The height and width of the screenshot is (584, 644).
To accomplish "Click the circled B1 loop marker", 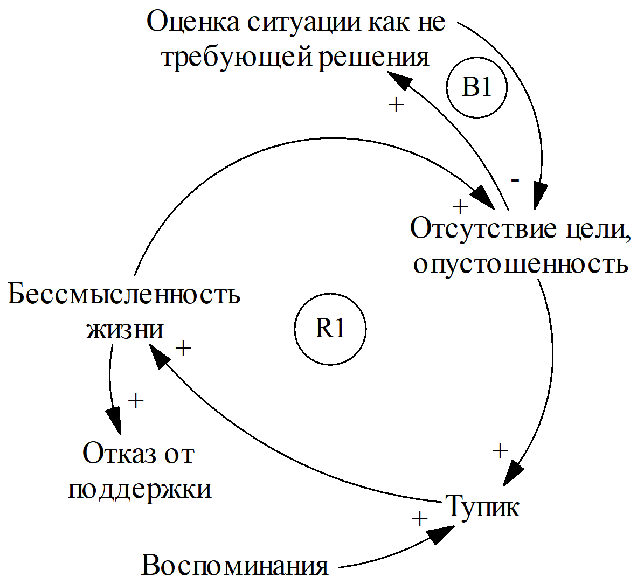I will pos(477,88).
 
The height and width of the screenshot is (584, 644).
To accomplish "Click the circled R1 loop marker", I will pos(330,329).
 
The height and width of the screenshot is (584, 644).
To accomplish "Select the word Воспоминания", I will pos(235,566).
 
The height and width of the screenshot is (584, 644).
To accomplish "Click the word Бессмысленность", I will pos(124,295).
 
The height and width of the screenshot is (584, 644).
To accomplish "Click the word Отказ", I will pos(115,454).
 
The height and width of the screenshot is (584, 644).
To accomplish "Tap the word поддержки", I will pos(140,489).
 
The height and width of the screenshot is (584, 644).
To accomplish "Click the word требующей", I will pos(237,57).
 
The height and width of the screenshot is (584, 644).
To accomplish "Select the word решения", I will pos(374,57).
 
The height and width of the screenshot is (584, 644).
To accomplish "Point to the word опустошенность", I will pos(521,263).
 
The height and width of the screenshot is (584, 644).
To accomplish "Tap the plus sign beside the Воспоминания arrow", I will pos(419,518).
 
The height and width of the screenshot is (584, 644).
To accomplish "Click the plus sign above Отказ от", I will pos(136,401).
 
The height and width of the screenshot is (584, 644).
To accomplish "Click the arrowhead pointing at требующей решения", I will pos(398,81).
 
